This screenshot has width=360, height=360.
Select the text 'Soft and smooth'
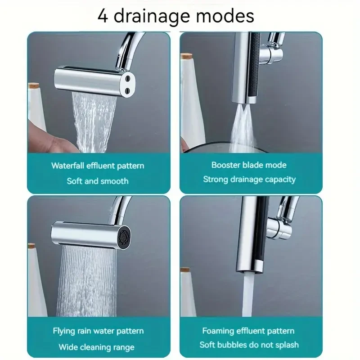(98, 181)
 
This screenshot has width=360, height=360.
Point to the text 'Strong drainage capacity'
(249, 180)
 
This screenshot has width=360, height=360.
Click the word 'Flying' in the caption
(63, 331)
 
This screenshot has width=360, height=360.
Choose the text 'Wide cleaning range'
(96, 347)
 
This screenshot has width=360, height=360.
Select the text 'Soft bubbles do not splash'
(249, 345)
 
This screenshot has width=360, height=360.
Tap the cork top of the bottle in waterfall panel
(34, 86)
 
